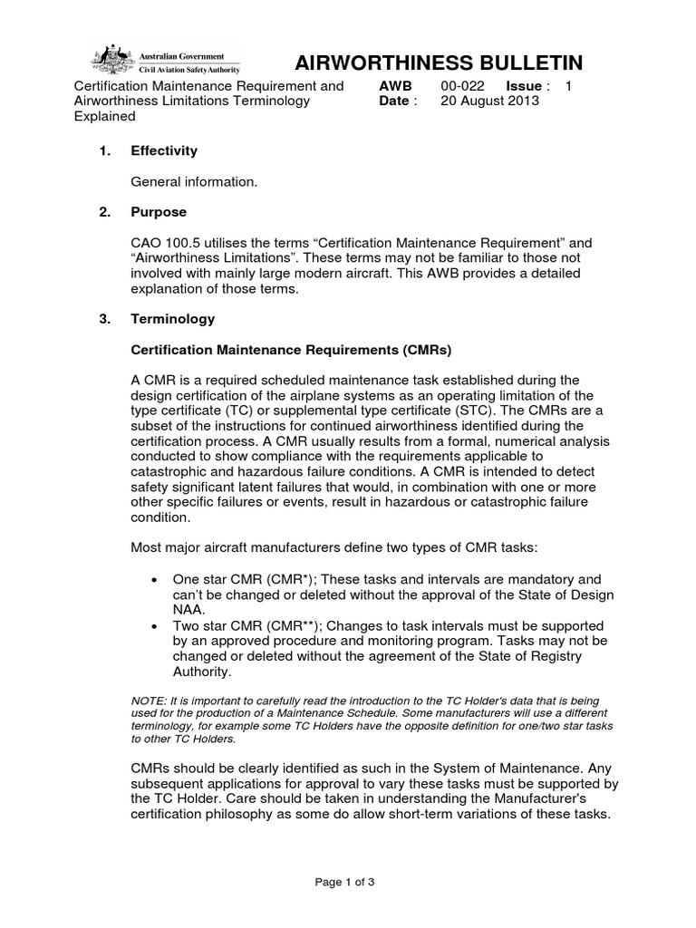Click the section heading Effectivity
click(164, 150)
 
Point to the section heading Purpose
click(159, 212)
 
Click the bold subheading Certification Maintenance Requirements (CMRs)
click(291, 349)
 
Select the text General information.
click(194, 182)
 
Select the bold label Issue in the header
click(523, 86)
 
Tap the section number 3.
click(104, 319)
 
